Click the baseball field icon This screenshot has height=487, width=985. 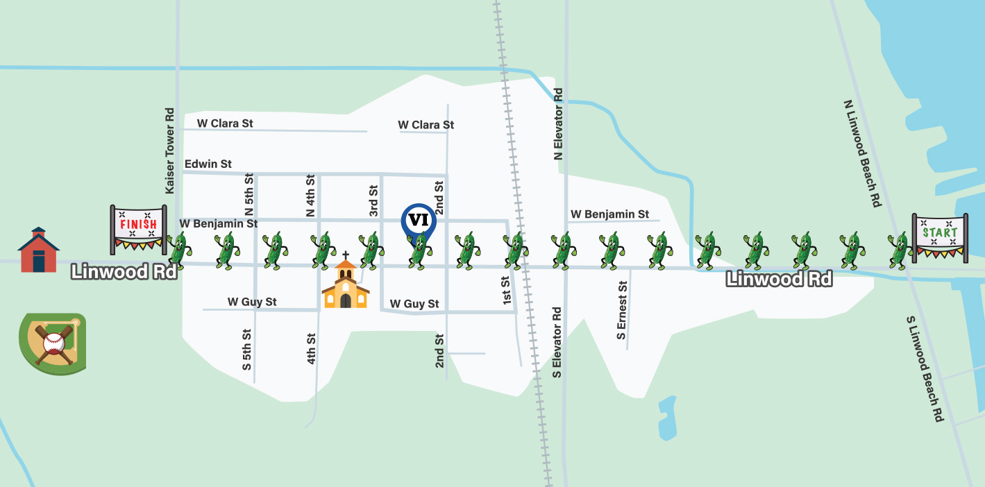click(x=53, y=341)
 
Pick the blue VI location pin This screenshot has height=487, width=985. click(x=419, y=221)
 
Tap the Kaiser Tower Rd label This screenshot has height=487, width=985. click(x=169, y=151)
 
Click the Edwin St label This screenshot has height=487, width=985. click(x=208, y=164)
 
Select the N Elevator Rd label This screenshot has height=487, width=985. click(x=559, y=124)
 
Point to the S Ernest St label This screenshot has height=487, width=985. click(x=622, y=310)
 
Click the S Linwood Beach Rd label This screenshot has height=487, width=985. click(x=926, y=368)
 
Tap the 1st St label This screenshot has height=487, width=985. click(x=506, y=291)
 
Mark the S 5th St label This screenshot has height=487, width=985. click(x=247, y=349)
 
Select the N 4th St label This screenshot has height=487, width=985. click(x=311, y=195)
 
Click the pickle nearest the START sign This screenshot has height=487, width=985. click(x=899, y=251)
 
